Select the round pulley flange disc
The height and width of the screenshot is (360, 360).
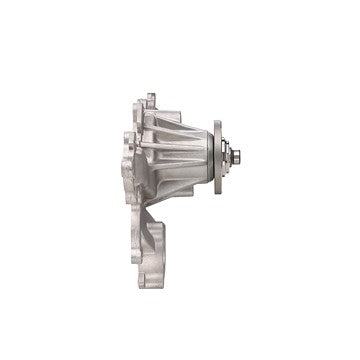(x=217, y=157)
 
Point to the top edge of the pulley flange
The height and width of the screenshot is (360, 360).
(x=217, y=123)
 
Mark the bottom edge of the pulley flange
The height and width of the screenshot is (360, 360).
(x=217, y=192)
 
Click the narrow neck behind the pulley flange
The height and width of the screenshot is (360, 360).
(x=207, y=157)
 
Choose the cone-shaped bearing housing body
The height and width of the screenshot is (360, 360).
(x=180, y=155)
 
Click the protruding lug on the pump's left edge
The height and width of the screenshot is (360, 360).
(x=126, y=165)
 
